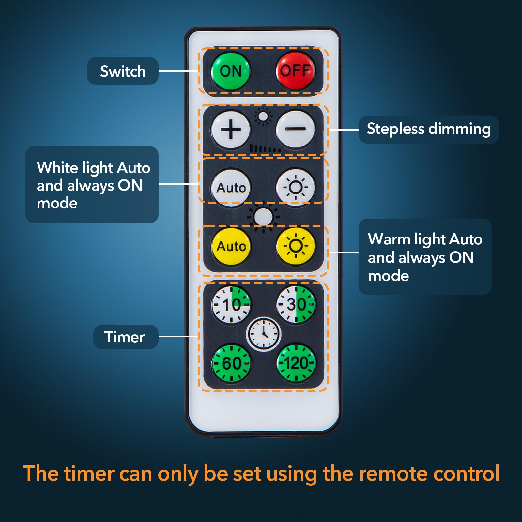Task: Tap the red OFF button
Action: pyautogui.click(x=295, y=70)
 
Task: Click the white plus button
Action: pyautogui.click(x=231, y=130)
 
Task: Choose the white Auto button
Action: pyautogui.click(x=231, y=188)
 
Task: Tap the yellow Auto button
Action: pyautogui.click(x=231, y=246)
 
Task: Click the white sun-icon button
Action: pyautogui.click(x=295, y=188)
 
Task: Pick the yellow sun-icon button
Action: pyautogui.click(x=295, y=246)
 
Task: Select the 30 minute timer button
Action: pyautogui.click(x=296, y=304)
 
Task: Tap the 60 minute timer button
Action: pyautogui.click(x=231, y=363)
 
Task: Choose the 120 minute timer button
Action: pyautogui.click(x=296, y=363)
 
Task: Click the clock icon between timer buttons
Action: pyautogui.click(x=263, y=334)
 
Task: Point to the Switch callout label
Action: pyautogui.click(x=123, y=71)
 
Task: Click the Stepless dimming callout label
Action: pyautogui.click(x=429, y=129)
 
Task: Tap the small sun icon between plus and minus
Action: pyautogui.click(x=263, y=116)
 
